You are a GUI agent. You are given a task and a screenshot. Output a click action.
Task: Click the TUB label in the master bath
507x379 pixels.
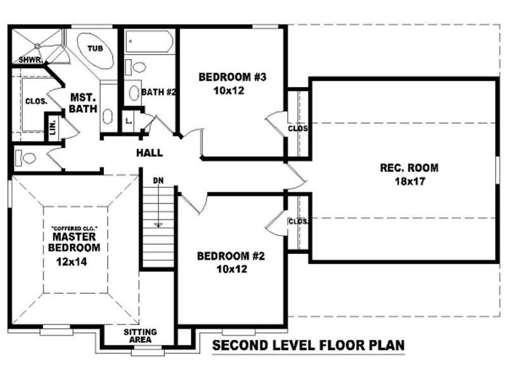(x=94, y=48)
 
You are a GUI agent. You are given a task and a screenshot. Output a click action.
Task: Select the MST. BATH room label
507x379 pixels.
(x=83, y=103)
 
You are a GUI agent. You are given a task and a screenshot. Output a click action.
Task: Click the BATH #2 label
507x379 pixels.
(x=158, y=92)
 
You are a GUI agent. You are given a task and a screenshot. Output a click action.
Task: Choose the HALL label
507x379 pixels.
(x=150, y=153)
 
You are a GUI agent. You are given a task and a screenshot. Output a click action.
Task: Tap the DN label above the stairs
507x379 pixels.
(x=158, y=181)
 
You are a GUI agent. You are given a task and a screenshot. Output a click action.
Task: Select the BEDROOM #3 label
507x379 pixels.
(x=232, y=77)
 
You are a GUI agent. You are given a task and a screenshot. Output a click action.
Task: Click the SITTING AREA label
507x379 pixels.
(x=140, y=336)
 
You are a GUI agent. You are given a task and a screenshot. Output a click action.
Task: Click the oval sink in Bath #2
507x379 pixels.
(x=134, y=93)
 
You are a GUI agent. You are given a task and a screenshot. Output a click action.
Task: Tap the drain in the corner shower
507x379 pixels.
(x=37, y=45)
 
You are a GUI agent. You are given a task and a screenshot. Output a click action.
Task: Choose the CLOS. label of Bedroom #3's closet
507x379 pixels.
(x=297, y=128)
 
